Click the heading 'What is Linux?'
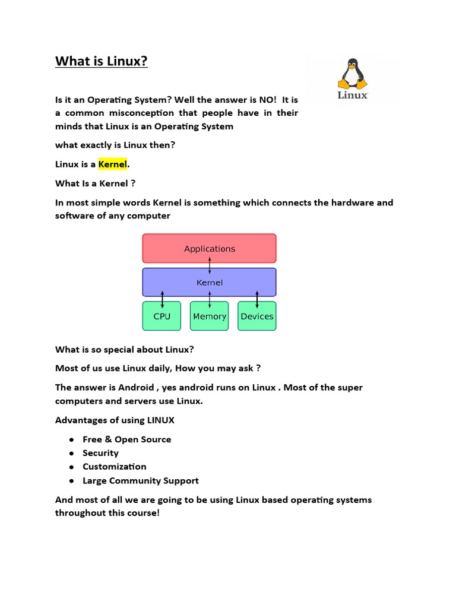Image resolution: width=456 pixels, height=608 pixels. [102, 61]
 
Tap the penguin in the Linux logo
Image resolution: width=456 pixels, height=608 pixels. [353, 74]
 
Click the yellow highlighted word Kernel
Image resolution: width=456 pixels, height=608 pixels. [113, 164]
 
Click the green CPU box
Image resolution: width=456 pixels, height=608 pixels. [161, 316]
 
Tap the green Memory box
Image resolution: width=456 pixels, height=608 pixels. [210, 316]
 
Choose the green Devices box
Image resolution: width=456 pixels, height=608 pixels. [257, 316]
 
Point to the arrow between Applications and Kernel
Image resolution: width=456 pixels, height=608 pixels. [210, 265]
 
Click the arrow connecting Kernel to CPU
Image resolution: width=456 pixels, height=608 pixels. [162, 299]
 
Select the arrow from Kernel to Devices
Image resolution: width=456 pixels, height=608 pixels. [257, 299]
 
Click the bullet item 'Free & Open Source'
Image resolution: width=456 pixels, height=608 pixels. [126, 439]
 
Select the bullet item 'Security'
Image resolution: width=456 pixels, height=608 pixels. [100, 453]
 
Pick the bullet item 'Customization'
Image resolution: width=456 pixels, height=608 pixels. [114, 467]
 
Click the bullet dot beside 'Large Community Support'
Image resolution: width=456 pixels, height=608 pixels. [71, 481]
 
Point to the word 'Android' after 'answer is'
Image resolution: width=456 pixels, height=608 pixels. [135, 387]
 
